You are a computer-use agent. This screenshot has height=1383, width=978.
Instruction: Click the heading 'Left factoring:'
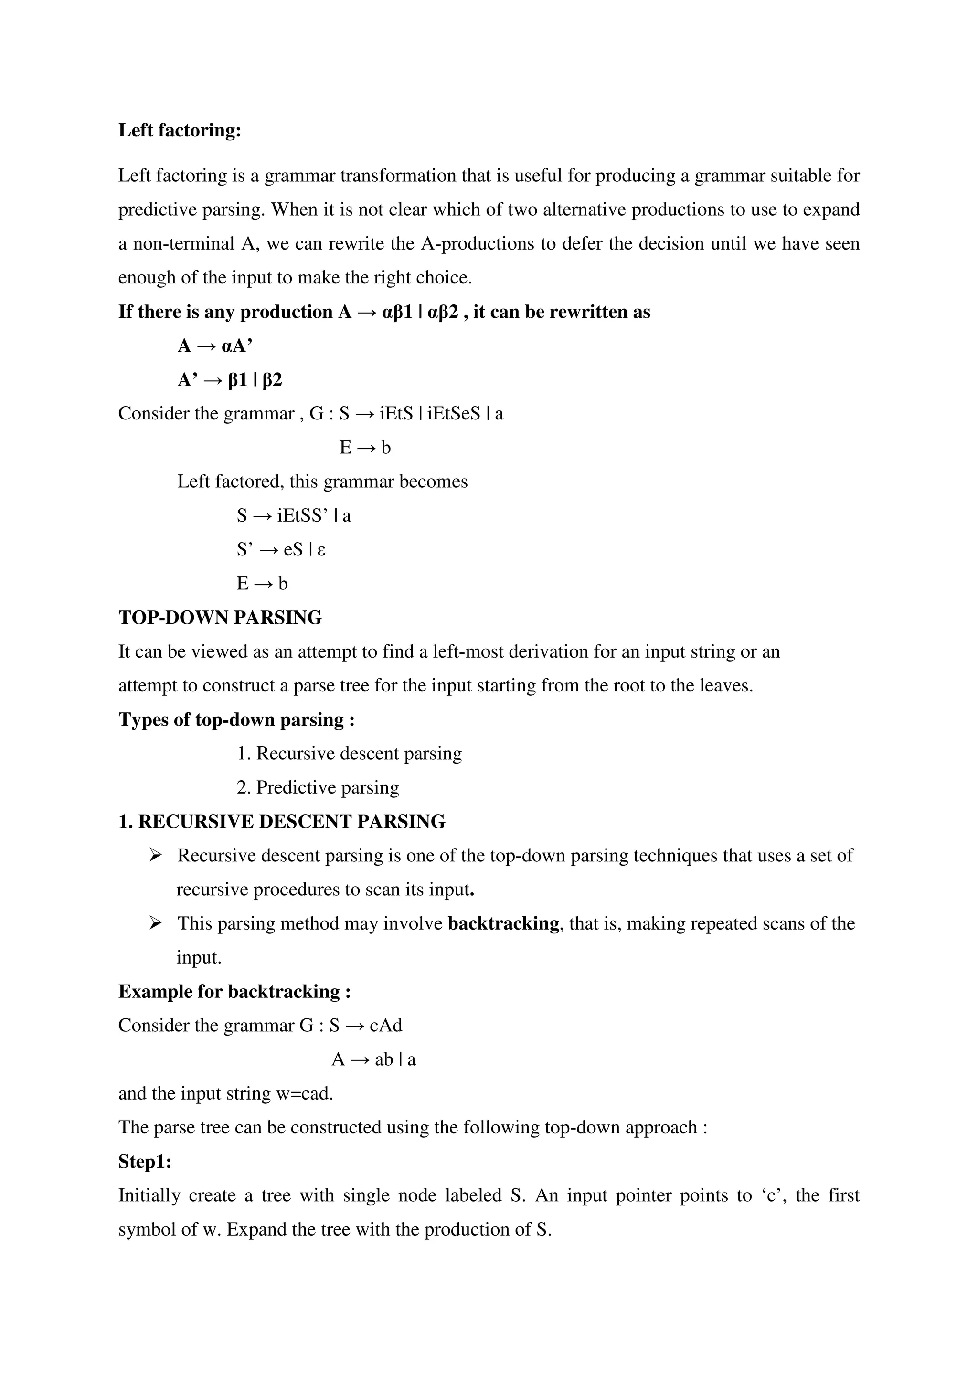point(180,130)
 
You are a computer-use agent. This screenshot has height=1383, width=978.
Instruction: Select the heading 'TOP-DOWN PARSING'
point(220,618)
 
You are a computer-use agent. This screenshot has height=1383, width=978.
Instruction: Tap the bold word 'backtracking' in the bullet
point(503,923)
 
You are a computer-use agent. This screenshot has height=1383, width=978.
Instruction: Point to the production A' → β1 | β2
point(230,379)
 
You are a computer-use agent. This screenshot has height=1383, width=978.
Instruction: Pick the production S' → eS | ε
point(281,549)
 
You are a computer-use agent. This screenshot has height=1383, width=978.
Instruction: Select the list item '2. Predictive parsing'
point(318,787)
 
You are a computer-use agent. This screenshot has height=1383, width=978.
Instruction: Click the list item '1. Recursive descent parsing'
point(350,754)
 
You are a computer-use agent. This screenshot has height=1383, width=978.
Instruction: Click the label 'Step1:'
point(145,1162)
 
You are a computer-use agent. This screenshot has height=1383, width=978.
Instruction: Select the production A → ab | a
point(373,1059)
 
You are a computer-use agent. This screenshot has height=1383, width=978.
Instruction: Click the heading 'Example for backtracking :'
point(234,992)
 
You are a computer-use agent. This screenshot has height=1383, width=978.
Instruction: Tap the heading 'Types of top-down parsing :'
point(236,719)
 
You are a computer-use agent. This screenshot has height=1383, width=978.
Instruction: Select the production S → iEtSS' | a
point(294,515)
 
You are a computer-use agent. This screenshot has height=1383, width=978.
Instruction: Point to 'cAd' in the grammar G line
point(386,1025)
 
